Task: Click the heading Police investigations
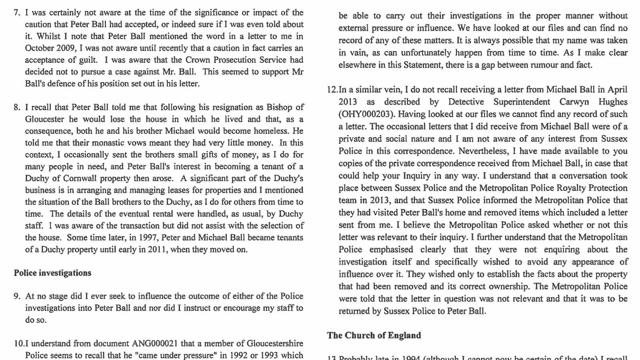[x=52, y=273]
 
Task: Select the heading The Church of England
[x=374, y=335]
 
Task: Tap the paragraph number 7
[x=17, y=12]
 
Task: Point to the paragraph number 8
[x=17, y=107]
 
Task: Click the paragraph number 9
[x=17, y=296]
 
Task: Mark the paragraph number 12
[x=332, y=90]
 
